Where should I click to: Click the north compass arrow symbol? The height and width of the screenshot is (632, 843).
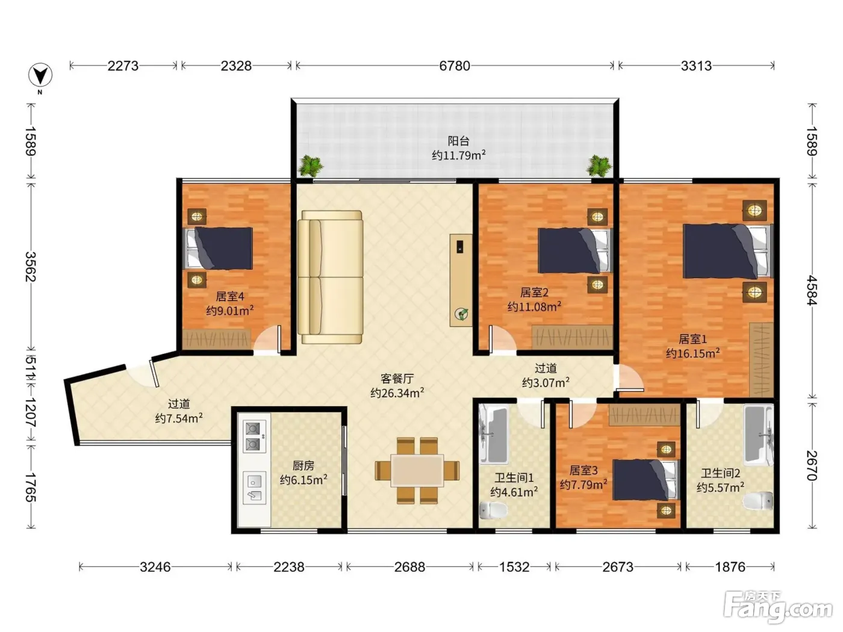point(40,75)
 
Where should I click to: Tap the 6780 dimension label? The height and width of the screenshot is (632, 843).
point(455,66)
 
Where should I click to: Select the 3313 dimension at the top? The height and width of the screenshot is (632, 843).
point(696,66)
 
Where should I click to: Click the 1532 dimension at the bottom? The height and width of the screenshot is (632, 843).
point(514,567)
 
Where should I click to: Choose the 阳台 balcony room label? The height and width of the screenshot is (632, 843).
point(459,141)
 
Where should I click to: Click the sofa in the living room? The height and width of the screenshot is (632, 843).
point(331,277)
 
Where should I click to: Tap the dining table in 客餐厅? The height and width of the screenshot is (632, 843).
point(417,471)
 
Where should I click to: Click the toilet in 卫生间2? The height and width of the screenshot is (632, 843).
point(757,501)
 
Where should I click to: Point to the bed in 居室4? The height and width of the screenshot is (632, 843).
point(219,248)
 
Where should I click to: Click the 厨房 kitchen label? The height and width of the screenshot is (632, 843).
point(303,465)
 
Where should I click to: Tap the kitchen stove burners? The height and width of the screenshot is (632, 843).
point(254,436)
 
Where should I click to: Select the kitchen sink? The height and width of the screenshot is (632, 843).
point(254,488)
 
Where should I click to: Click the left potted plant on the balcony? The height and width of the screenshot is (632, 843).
point(310,166)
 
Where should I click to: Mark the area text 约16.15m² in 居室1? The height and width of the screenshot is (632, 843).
point(692,353)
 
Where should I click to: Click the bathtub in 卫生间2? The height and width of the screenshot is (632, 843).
point(758,435)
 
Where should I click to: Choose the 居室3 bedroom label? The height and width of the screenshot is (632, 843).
point(583,470)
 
